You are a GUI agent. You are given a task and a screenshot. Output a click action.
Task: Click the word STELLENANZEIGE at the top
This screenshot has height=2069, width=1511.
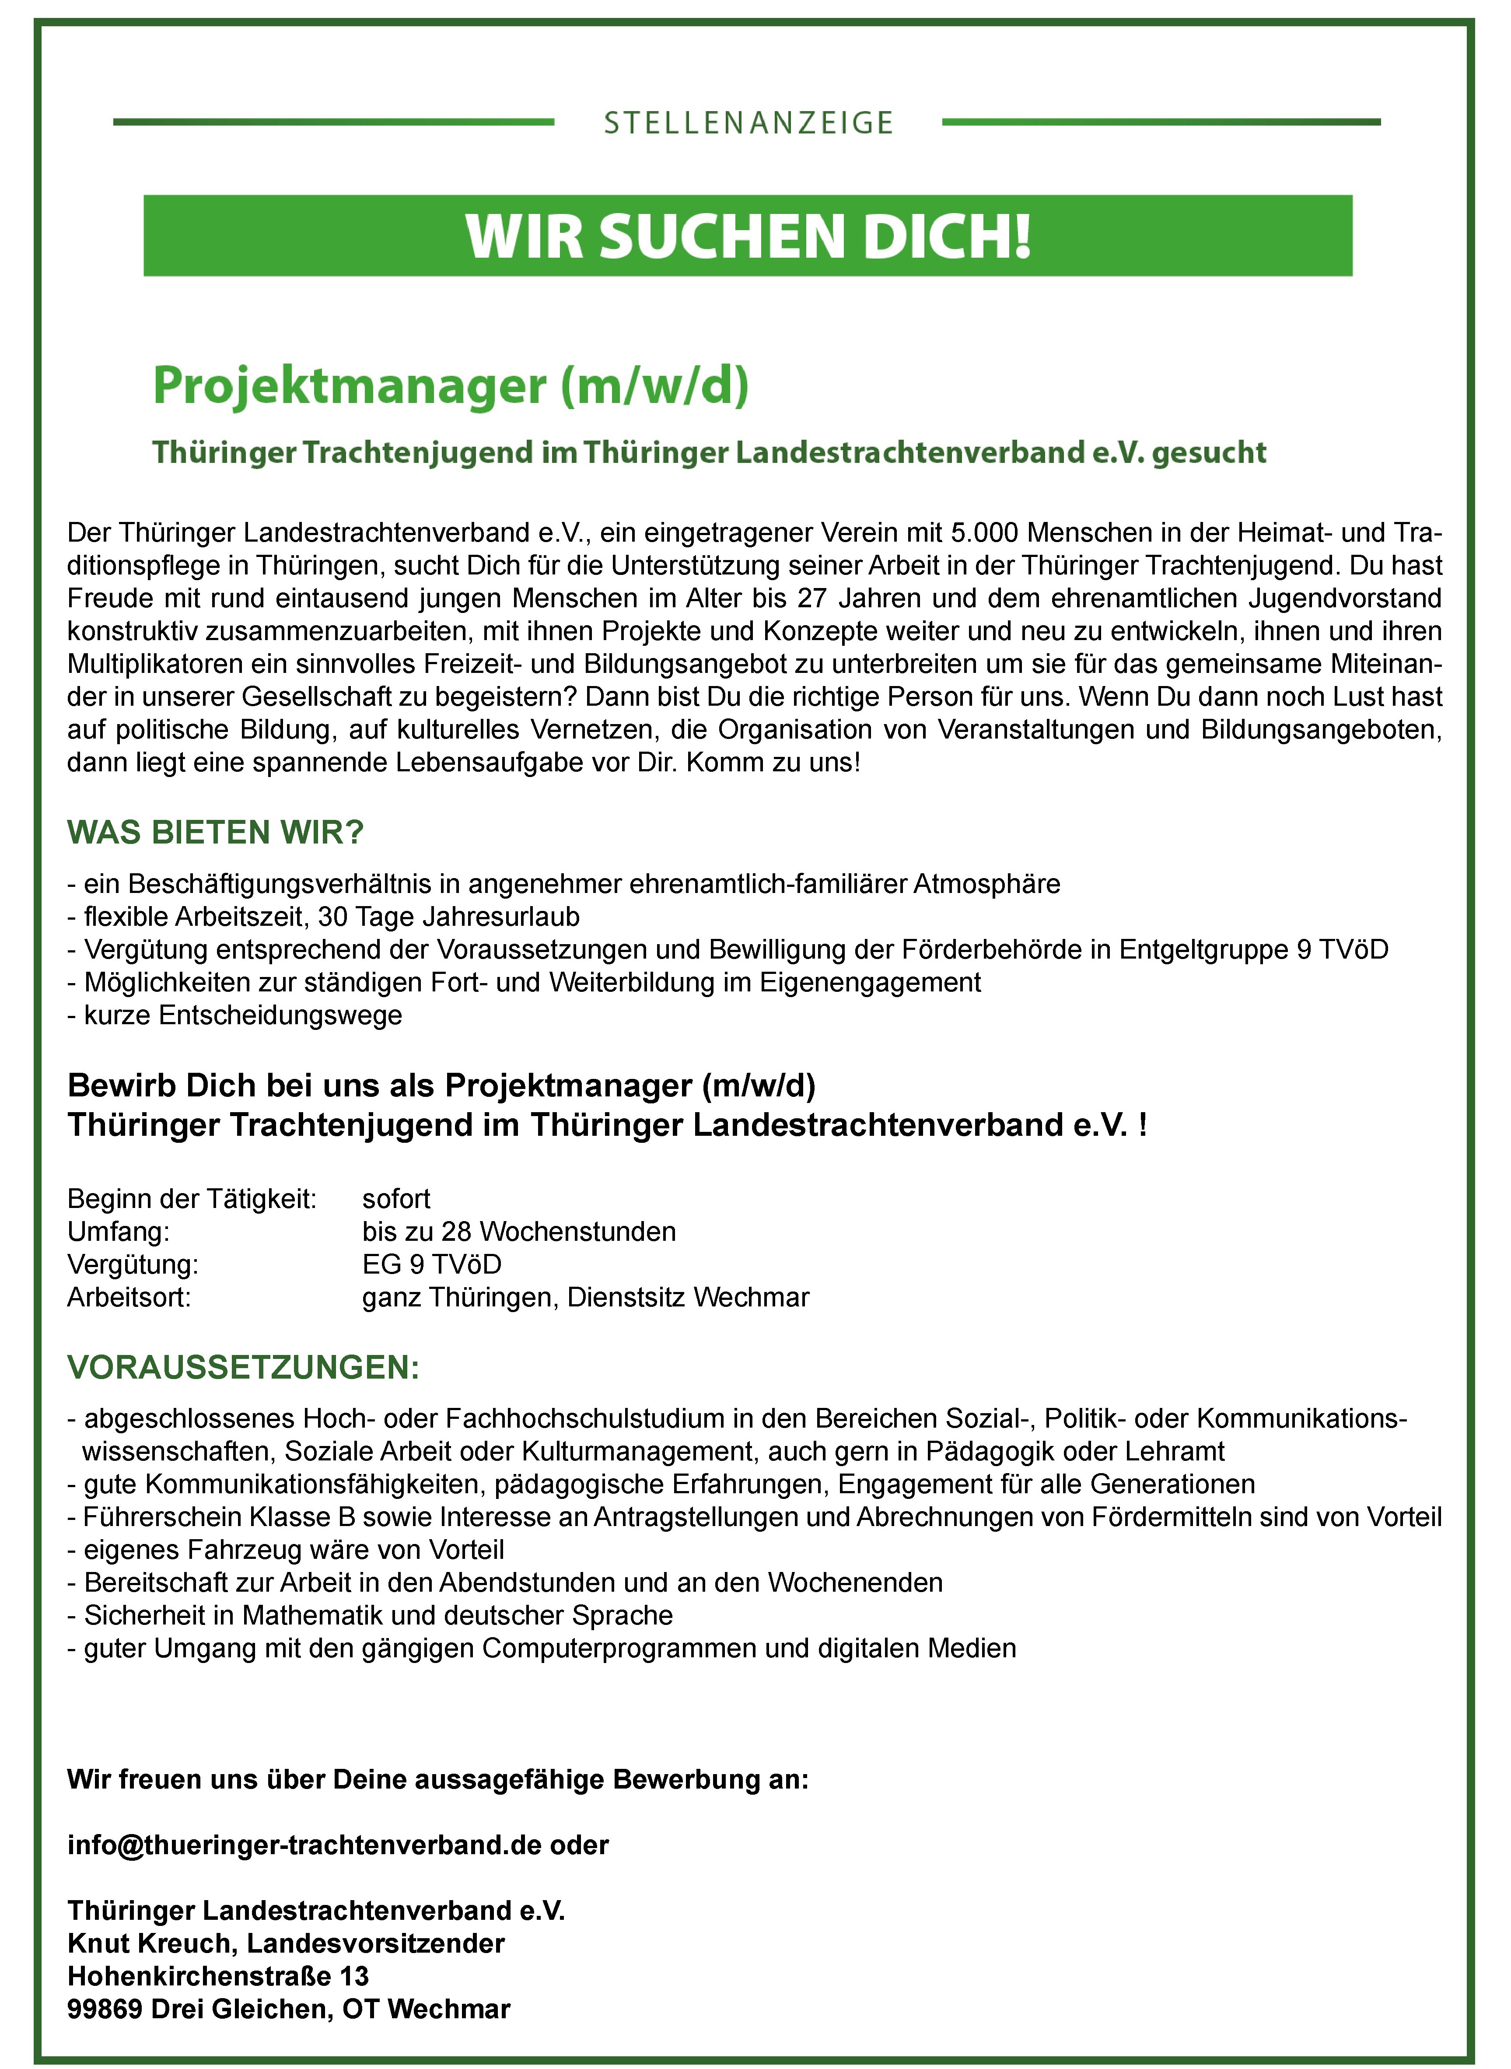coord(748,123)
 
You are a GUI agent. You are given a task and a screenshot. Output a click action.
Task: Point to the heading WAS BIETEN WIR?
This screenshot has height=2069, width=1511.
coord(216,832)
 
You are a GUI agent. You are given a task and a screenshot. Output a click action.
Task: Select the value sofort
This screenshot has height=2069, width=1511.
coord(396,1199)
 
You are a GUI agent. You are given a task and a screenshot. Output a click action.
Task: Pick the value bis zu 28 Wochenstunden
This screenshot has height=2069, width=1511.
coord(518,1232)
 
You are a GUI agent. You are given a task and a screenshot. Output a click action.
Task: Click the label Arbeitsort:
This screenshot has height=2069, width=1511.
coord(129,1298)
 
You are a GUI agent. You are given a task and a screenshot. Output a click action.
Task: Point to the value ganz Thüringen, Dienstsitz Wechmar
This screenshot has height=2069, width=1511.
coord(585,1298)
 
